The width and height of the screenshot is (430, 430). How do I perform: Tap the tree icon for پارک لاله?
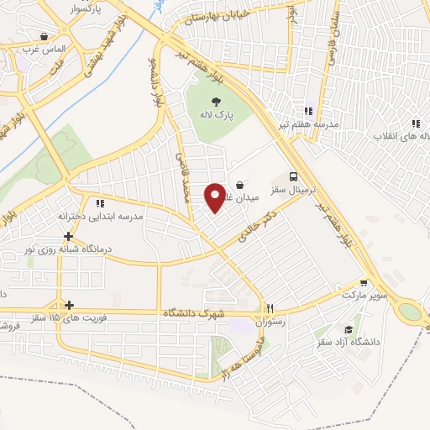click(218, 102)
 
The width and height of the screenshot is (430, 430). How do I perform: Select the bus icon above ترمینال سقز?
click(293, 176)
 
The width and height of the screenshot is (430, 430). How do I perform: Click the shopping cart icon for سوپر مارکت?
click(364, 283)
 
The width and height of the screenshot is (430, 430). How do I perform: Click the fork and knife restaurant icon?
click(270, 307)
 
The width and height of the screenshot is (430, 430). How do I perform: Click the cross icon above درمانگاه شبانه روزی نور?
click(68, 237)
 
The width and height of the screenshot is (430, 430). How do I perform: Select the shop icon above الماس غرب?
click(44, 36)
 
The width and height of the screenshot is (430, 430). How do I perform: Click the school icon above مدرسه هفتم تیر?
click(308, 110)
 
